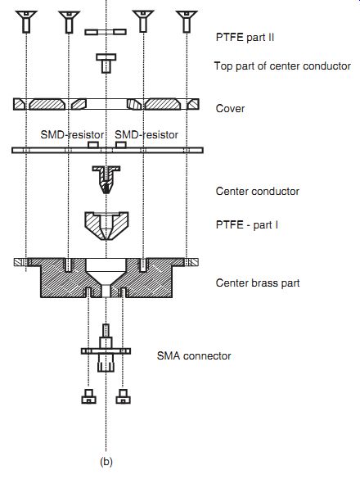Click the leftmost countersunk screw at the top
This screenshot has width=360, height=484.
pyautogui.click(x=26, y=21)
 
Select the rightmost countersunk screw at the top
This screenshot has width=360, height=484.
pyautogui.click(x=187, y=21)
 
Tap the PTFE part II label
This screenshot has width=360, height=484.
pyautogui.click(x=245, y=38)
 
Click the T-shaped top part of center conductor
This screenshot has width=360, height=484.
pyautogui.click(x=106, y=63)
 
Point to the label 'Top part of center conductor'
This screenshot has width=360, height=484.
pyautogui.click(x=282, y=66)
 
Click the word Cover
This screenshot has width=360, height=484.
pyautogui.click(x=230, y=108)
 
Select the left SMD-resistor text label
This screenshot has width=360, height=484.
pyautogui.click(x=72, y=134)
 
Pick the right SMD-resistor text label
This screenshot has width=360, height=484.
pyautogui.click(x=146, y=134)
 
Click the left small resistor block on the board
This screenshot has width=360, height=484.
pyautogui.click(x=93, y=144)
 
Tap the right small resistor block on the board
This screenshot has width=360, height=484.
pyautogui.click(x=121, y=144)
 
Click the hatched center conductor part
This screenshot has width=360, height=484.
pyautogui.click(x=106, y=179)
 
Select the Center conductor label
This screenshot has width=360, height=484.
pyautogui.click(x=258, y=191)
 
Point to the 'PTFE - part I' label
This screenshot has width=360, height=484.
pyautogui.click(x=247, y=224)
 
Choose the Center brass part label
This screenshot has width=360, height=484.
pyautogui.click(x=258, y=283)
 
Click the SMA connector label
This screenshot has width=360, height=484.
pyautogui.click(x=194, y=356)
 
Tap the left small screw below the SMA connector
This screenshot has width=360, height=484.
pyautogui.click(x=89, y=396)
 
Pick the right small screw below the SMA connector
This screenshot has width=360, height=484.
pyautogui.click(x=123, y=396)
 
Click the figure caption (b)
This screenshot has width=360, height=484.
pyautogui.click(x=106, y=462)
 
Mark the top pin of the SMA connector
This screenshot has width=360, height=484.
pyautogui.click(x=106, y=331)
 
